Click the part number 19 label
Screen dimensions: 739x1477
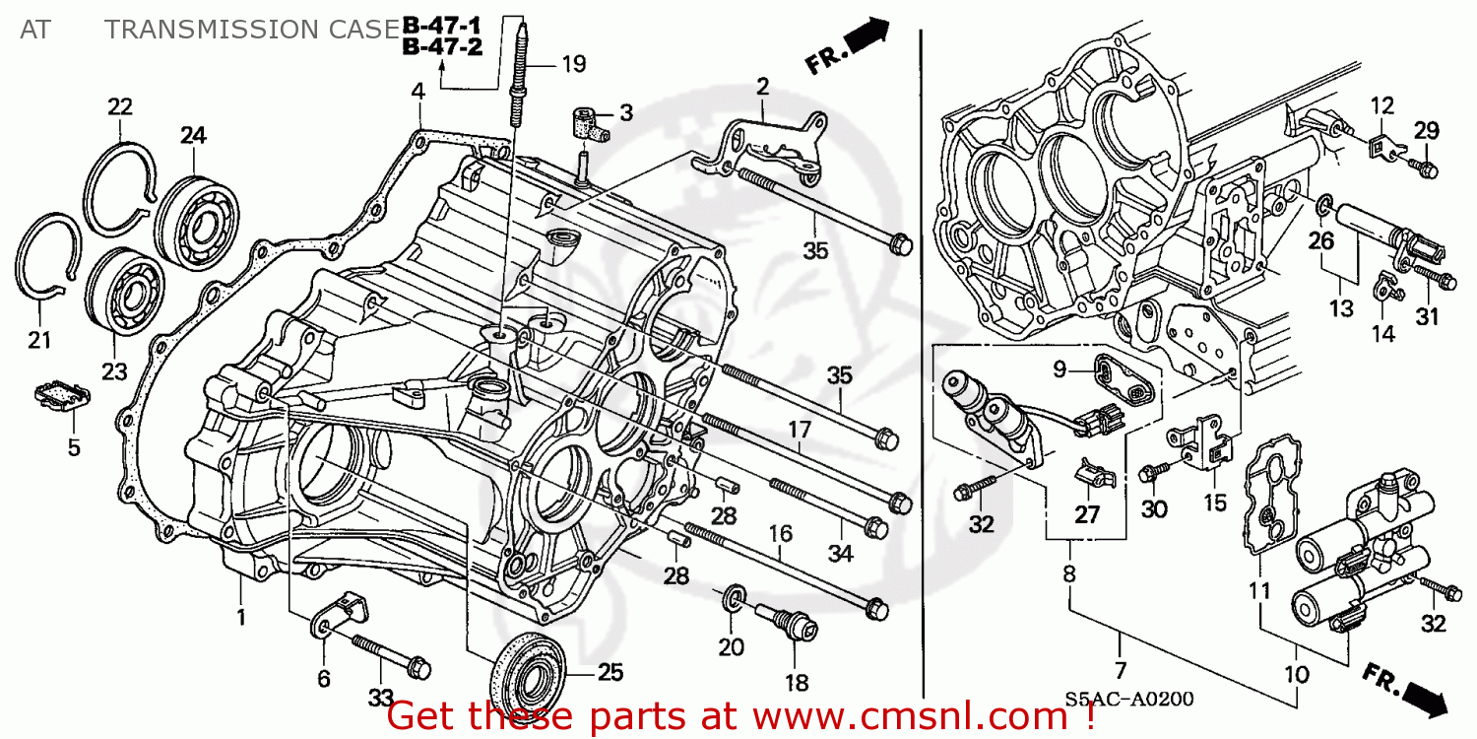coord(573,65)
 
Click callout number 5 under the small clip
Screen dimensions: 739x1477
coord(73,447)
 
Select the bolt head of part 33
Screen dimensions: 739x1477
coord(417,668)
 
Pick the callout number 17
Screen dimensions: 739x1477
coord(799,429)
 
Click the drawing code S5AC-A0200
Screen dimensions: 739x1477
coord(1128,700)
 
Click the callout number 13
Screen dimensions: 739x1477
coord(1340,308)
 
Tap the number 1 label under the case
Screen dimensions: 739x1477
coord(240,619)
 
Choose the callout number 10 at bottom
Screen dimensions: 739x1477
coord(1297,676)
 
